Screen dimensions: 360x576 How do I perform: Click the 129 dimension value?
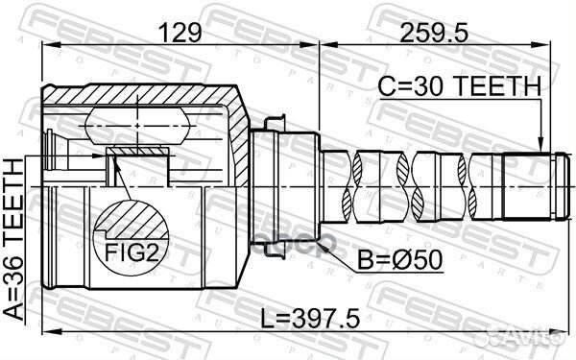click(x=182, y=33)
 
